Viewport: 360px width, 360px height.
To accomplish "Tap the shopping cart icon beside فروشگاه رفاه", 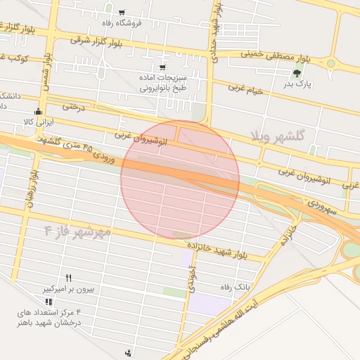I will [122, 12].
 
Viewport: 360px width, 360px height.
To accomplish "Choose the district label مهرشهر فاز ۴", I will [78, 231].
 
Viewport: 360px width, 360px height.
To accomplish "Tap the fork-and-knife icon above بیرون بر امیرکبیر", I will [68, 278].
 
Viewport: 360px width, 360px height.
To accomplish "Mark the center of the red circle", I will [179, 179].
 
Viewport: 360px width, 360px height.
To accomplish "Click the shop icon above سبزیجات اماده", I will [162, 67].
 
